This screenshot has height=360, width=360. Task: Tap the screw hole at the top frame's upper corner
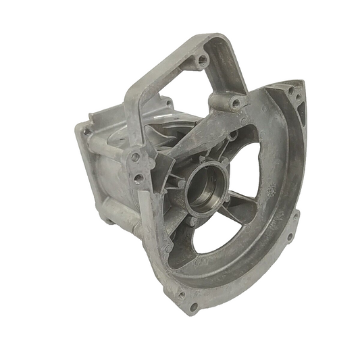point(202,61)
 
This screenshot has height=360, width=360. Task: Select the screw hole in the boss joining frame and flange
point(234,103)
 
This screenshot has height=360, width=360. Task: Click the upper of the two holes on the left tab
point(135,157)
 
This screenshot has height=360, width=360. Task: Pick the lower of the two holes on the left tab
point(138,178)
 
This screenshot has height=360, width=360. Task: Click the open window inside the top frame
point(182,88)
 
